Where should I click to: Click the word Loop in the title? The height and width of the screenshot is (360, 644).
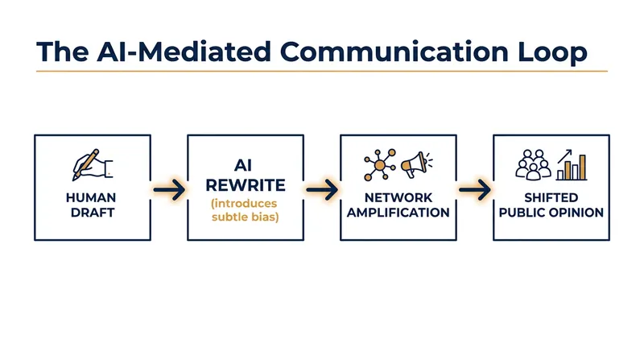[552, 52]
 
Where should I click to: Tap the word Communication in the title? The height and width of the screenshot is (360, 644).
[394, 52]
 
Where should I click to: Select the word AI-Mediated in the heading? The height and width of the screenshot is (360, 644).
[184, 52]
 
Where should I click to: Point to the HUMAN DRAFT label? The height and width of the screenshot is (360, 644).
[91, 205]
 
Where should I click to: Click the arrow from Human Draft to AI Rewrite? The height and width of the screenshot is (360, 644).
[169, 189]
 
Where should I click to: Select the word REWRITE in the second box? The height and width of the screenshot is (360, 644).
[246, 185]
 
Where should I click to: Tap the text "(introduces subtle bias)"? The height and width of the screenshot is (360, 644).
[246, 210]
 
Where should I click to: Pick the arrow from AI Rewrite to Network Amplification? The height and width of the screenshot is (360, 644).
[322, 189]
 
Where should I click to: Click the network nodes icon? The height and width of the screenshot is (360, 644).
[380, 165]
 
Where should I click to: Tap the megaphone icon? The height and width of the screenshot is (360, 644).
[416, 164]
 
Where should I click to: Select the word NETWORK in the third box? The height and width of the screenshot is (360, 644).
[398, 197]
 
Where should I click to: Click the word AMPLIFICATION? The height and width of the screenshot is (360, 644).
[398, 213]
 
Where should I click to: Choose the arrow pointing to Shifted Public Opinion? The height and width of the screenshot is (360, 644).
[475, 189]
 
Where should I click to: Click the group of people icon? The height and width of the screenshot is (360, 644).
[533, 165]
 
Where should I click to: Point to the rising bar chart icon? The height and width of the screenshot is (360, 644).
[572, 165]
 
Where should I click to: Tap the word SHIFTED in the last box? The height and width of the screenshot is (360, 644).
[551, 197]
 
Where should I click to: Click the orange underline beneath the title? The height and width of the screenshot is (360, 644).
[322, 71]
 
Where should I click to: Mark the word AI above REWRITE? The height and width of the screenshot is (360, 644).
[243, 166]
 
